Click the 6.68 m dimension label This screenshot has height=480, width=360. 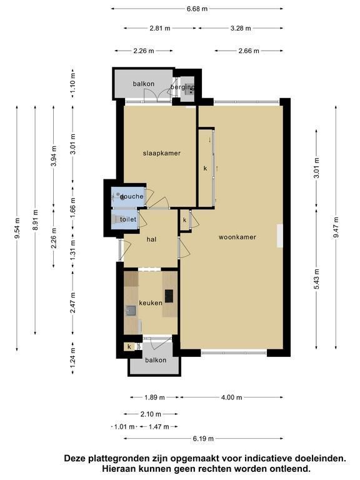(197, 9)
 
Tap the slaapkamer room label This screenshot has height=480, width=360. (162, 153)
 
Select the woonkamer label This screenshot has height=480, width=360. (237, 237)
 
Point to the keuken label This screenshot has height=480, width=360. (151, 302)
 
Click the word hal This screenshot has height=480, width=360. (151, 239)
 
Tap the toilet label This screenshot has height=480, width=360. (128, 219)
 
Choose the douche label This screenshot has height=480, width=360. (132, 196)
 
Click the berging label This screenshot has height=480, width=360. (182, 87)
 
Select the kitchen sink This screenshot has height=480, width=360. (131, 311)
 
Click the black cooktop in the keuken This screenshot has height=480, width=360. (169, 296)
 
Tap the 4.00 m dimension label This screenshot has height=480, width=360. (231, 397)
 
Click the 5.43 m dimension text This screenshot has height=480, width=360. (316, 279)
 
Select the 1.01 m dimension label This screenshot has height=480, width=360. (124, 426)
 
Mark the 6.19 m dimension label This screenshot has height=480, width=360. (203, 438)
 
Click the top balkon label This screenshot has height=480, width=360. (143, 84)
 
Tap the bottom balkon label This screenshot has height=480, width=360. (156, 360)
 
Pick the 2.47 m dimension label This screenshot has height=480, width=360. (73, 302)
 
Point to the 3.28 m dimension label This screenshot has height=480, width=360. (241, 28)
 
